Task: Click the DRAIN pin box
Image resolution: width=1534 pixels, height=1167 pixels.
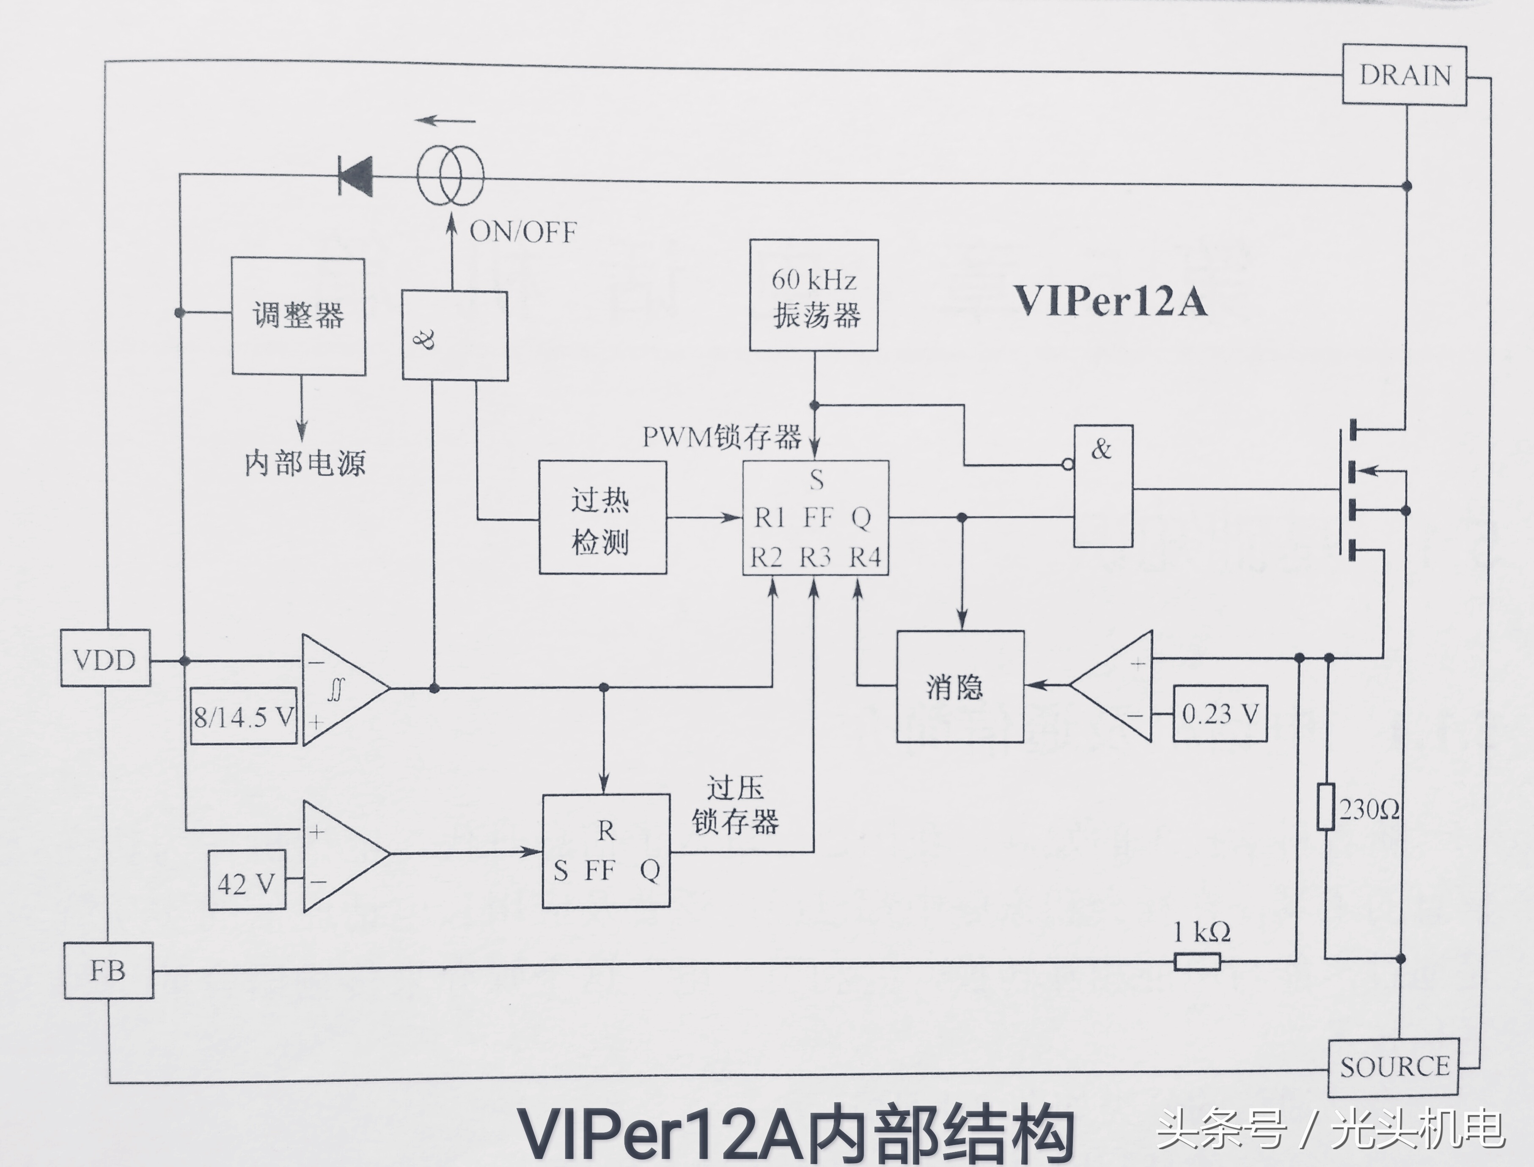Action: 1404,75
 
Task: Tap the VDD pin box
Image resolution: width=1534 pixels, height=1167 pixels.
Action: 105,658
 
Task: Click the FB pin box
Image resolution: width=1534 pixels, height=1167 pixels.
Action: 108,970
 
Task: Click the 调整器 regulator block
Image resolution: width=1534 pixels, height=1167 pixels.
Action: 298,317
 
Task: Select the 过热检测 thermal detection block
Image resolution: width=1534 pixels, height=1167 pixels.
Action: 602,518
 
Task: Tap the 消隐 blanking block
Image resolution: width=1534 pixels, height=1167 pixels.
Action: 959,686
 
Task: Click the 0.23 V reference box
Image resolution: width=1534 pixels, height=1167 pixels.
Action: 1220,713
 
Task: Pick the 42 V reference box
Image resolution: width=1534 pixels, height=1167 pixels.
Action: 247,881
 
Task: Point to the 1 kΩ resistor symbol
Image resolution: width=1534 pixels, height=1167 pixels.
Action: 1197,962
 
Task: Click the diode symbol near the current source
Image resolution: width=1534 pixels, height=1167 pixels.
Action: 356,176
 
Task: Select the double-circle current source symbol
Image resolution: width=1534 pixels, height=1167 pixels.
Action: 450,177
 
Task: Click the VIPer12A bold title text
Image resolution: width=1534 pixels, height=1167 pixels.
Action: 1110,301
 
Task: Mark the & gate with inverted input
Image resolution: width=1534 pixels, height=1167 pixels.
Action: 1103,486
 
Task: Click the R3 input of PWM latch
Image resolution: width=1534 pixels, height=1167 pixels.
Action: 815,557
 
